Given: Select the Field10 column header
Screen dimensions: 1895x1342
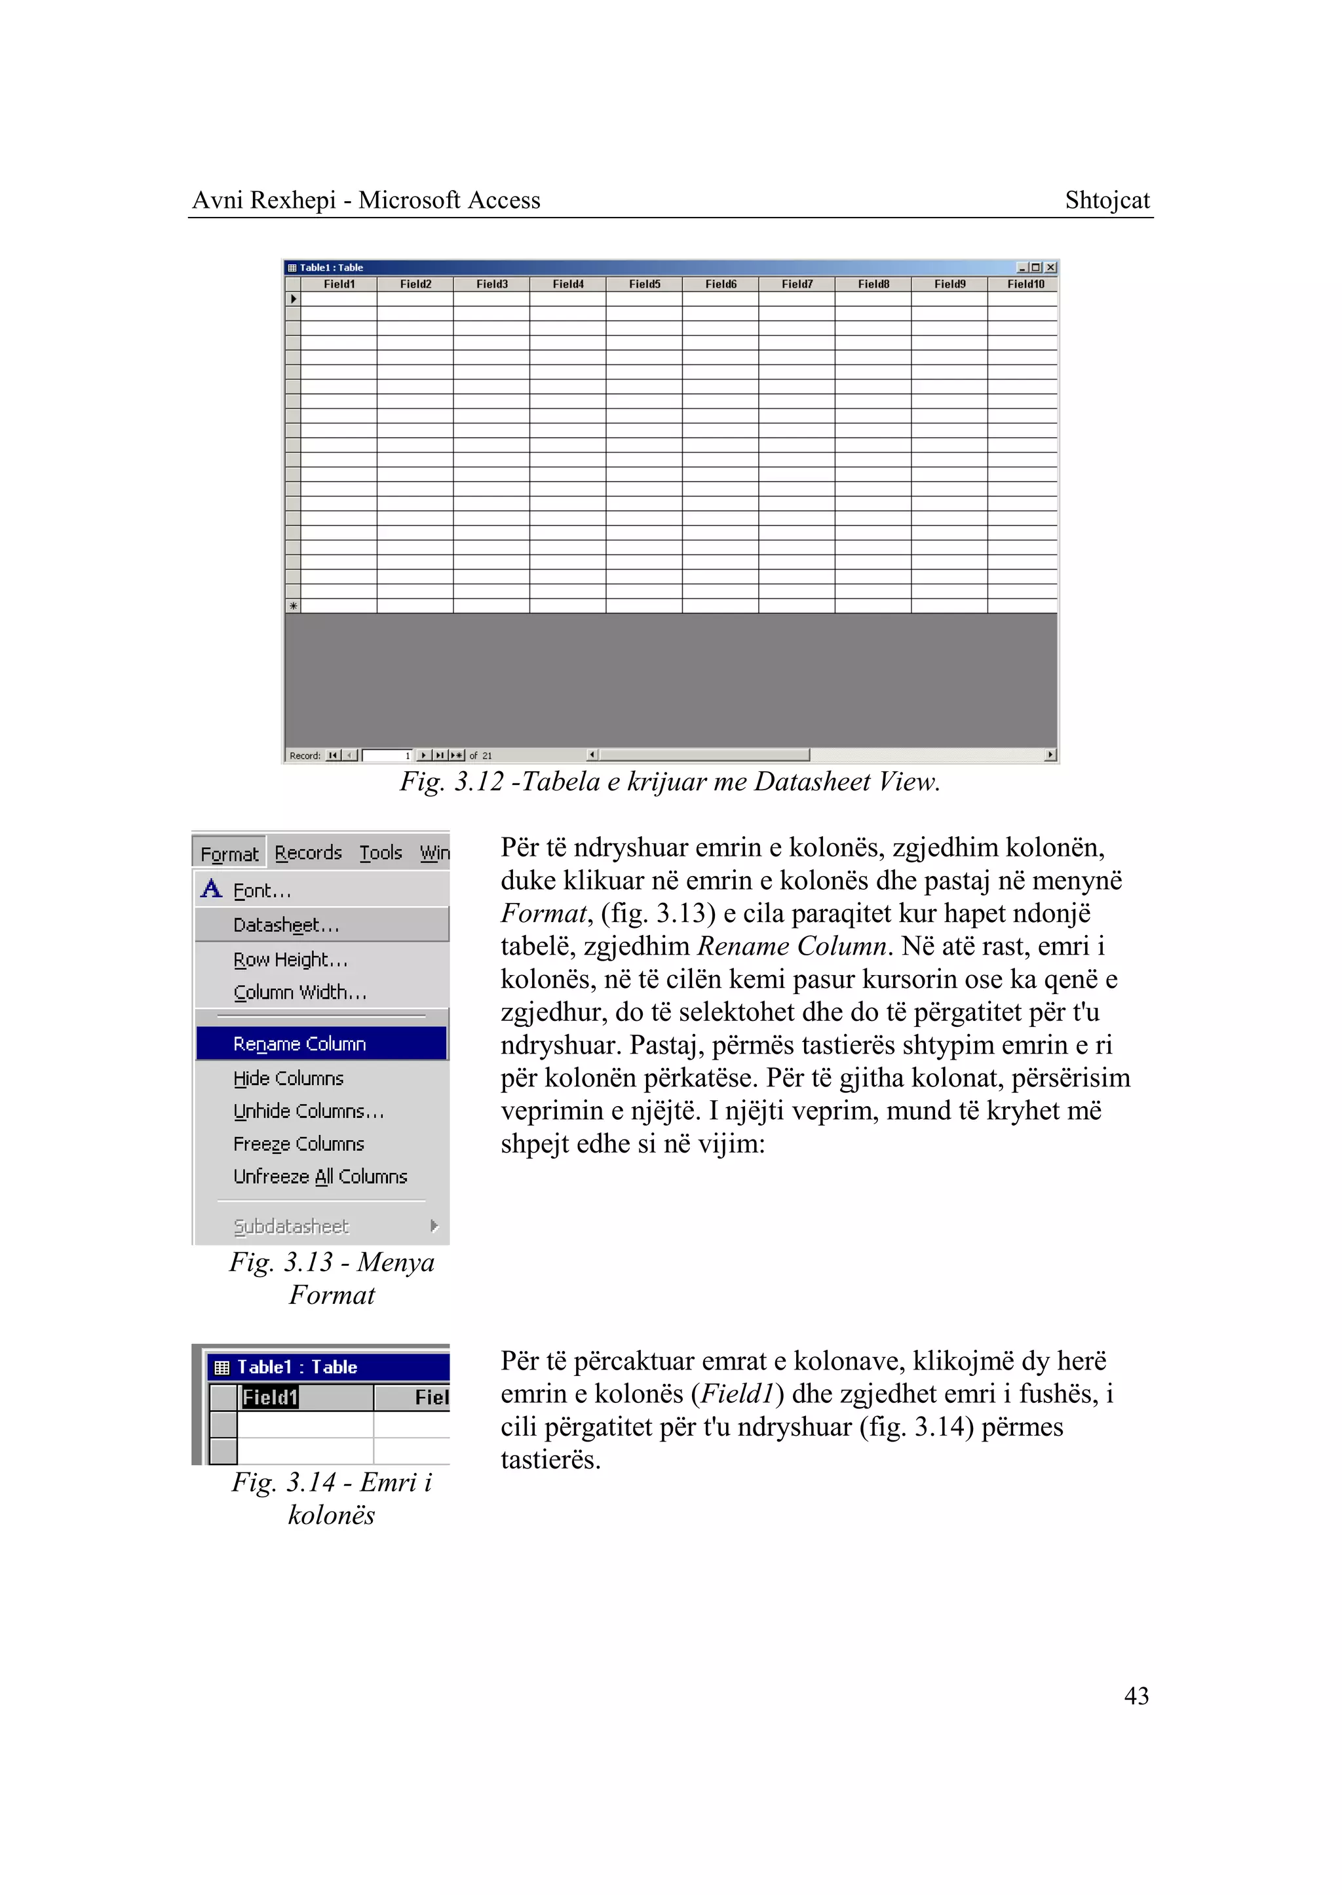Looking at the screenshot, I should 1025,284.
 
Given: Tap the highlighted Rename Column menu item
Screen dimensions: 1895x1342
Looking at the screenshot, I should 299,1044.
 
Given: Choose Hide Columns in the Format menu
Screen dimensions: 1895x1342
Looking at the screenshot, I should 288,1079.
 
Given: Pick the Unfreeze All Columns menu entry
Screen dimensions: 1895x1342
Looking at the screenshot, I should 320,1177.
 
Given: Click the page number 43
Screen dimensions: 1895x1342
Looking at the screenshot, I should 1136,1696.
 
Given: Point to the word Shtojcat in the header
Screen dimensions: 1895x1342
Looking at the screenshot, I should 1107,200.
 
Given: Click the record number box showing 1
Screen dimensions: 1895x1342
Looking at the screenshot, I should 387,756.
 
